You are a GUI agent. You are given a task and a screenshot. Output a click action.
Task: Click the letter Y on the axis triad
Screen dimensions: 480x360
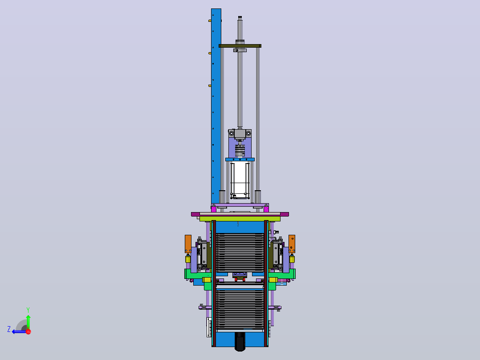pos(28,310)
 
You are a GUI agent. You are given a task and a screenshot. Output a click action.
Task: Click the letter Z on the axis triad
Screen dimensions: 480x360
pos(9,329)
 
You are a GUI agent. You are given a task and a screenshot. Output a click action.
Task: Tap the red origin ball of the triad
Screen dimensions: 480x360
pos(28,331)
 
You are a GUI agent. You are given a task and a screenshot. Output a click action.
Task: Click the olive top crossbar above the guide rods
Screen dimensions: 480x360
pos(240,46)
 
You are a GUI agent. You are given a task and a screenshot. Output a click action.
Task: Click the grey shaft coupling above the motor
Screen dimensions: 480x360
pos(240,151)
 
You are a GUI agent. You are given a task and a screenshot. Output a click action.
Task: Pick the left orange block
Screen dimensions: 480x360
pos(188,244)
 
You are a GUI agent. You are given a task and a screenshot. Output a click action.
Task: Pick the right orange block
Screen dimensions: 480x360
pos(292,244)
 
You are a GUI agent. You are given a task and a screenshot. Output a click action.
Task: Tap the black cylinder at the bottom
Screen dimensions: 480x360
pos(240,341)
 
